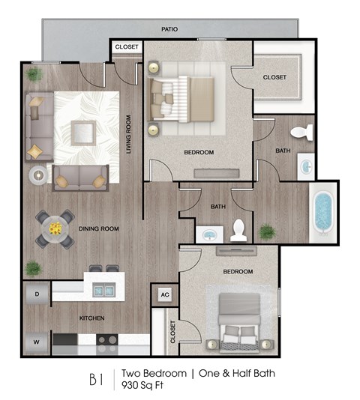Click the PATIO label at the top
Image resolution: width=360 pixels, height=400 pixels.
169,29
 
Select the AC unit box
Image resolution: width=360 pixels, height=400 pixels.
164,294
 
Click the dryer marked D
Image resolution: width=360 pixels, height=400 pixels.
37,294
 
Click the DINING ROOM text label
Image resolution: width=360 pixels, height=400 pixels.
100,228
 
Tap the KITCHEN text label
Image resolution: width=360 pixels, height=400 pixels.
91,318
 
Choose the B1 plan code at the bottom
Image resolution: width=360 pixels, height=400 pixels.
97,378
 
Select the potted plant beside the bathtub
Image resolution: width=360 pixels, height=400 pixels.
267,231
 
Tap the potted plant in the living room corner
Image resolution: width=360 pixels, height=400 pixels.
34,74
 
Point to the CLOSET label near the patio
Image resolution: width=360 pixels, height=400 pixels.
126,47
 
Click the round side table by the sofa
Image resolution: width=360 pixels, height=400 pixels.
37,175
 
